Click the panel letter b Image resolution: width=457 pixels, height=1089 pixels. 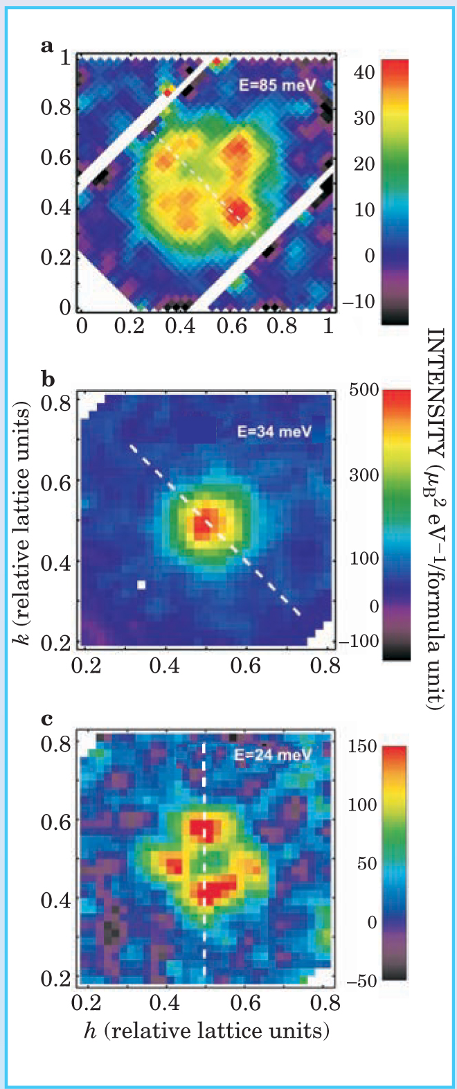click(48, 380)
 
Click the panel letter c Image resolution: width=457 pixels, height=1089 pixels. click(47, 718)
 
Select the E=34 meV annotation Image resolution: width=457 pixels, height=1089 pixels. click(274, 432)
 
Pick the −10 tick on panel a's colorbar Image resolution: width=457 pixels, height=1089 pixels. click(359, 302)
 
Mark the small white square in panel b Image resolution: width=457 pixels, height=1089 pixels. click(141, 585)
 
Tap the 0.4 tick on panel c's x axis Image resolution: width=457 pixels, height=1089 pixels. click(165, 1002)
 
